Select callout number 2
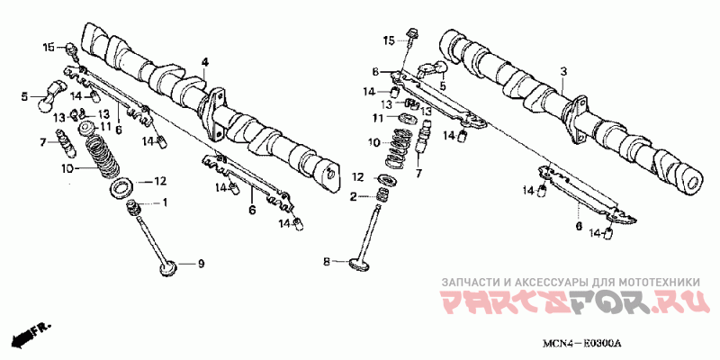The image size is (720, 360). point(353,197)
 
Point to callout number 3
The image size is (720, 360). point(563,72)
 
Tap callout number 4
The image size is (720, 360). point(204,61)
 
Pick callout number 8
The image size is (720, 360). point(327,262)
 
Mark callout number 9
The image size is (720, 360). point(201,264)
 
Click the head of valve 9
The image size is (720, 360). point(168,268)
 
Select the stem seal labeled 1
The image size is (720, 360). point(133,210)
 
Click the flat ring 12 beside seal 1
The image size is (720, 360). point(122,188)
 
